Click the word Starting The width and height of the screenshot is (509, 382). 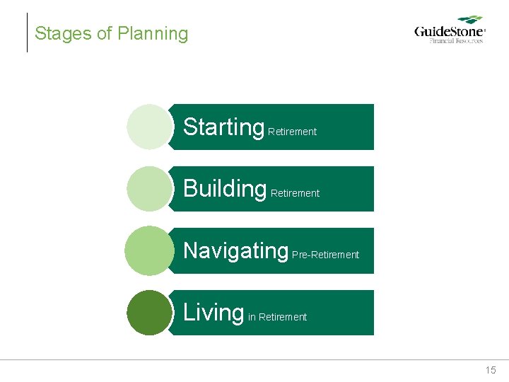(x=223, y=127)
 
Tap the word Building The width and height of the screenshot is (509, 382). (x=224, y=189)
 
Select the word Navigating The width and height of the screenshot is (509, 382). (x=235, y=250)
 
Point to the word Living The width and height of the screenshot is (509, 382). (x=213, y=312)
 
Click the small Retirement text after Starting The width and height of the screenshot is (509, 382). (x=292, y=132)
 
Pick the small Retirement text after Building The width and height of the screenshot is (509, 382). (x=295, y=193)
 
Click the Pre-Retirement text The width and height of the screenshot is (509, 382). (x=325, y=255)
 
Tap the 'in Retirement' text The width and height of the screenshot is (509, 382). (x=277, y=317)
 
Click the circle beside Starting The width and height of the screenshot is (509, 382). (x=149, y=127)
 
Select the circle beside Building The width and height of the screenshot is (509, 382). (x=149, y=189)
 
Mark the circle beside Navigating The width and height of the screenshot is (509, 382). (x=149, y=250)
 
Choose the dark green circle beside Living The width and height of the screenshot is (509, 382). (x=149, y=312)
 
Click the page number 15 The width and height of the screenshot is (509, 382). (x=491, y=370)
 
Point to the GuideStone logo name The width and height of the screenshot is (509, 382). (x=449, y=32)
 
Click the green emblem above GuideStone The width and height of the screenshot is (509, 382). (x=469, y=21)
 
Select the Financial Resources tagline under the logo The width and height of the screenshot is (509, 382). (x=457, y=41)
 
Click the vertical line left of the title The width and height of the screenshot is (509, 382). (x=27, y=33)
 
